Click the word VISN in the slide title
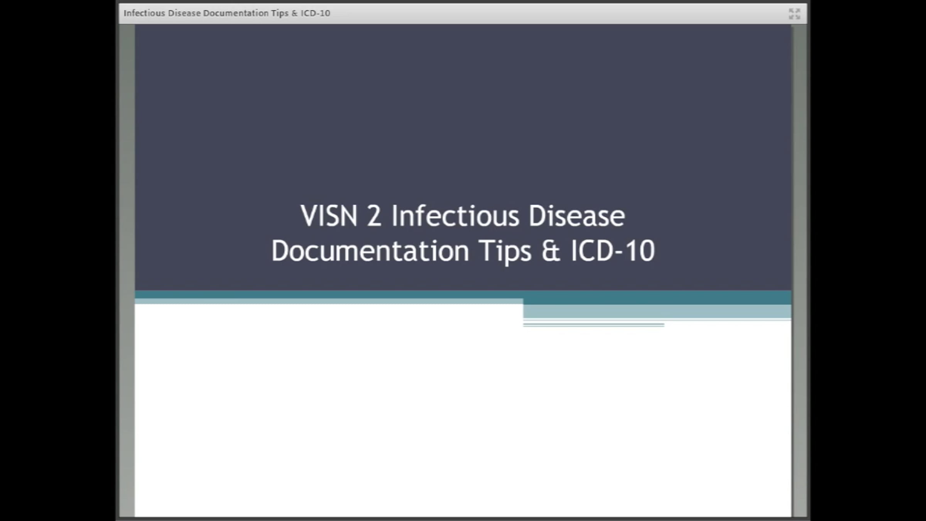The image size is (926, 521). coord(329,216)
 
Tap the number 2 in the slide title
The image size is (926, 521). coord(374,216)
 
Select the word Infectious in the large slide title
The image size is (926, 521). coord(455,216)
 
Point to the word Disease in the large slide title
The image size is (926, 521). coord(577,216)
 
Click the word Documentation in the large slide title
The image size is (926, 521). coord(370,251)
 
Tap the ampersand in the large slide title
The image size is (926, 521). coord(551,251)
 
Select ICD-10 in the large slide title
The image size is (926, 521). coord(613,251)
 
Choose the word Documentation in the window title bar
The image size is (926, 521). coord(236,13)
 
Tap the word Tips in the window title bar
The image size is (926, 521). coord(280,14)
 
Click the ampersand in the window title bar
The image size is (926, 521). coord(295,13)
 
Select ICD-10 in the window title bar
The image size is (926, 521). coord(316,13)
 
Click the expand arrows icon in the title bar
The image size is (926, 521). coord(794,14)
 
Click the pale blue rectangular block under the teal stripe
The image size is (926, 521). coord(657,311)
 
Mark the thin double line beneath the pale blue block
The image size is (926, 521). coord(593,325)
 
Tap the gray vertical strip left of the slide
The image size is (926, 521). coord(127,270)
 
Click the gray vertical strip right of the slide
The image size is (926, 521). coord(799,270)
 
